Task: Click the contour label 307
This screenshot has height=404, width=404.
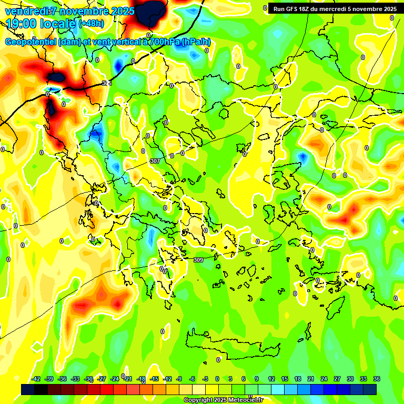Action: [155, 161]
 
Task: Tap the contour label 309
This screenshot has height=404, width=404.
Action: [198, 260]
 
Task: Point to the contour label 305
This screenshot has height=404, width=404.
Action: [107, 83]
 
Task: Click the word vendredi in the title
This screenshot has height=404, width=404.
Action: [25, 11]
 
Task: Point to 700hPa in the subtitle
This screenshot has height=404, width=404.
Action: [163, 42]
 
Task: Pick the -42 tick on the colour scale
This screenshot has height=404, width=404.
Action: [36, 379]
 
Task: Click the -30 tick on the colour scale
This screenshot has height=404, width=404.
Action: [89, 379]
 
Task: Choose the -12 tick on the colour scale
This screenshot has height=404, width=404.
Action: [167, 379]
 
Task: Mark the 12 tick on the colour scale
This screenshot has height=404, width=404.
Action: [271, 379]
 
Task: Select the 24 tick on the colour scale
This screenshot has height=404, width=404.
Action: [324, 379]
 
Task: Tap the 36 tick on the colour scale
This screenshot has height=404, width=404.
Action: [377, 379]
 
